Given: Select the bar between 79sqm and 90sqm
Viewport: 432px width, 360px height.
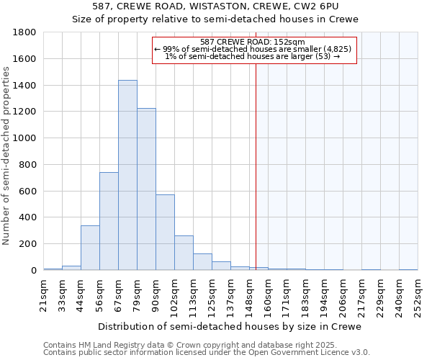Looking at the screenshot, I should click(x=146, y=189).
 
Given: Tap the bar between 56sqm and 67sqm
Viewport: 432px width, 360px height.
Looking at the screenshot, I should click(x=109, y=221).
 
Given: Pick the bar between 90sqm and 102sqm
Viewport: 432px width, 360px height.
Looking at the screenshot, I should click(x=165, y=233).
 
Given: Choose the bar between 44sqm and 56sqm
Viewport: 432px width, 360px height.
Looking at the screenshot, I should click(x=90, y=248).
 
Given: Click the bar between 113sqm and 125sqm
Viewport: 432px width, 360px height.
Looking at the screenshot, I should click(x=202, y=262).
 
